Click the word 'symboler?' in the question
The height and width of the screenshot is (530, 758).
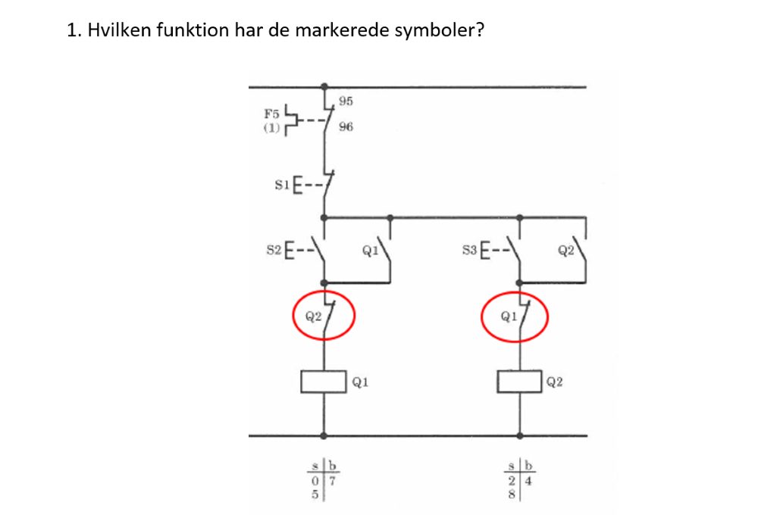439,30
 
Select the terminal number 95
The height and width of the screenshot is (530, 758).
346,101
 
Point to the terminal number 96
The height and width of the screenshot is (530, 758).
346,127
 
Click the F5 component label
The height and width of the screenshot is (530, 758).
271,114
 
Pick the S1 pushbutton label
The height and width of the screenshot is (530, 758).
282,185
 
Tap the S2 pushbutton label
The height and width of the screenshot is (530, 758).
274,250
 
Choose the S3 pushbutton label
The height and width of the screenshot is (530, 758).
469,250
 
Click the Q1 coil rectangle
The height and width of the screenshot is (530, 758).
324,382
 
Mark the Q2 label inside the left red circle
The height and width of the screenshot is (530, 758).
313,316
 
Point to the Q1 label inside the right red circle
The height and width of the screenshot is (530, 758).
509,316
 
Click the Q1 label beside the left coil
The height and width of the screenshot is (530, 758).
360,382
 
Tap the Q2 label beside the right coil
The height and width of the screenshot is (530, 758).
555,382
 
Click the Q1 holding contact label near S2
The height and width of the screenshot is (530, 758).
371,251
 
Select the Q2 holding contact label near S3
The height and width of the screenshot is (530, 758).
565,251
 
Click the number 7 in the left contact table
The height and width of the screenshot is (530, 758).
332,482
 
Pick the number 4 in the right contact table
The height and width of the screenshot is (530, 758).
528,482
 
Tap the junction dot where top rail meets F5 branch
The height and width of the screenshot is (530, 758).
324,87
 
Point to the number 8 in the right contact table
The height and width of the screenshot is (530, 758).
512,494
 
